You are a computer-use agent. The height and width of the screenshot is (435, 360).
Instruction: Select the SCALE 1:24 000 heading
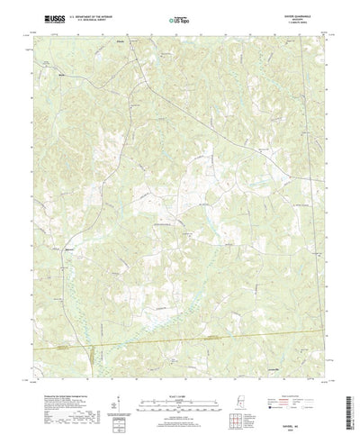179,367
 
